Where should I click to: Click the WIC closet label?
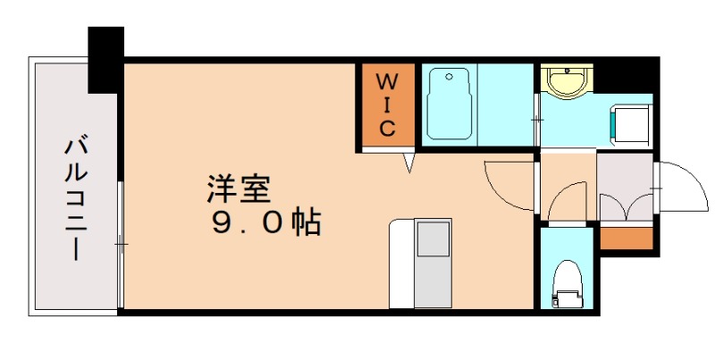[387, 105]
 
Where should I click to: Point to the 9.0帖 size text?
[265, 222]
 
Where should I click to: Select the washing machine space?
[631, 125]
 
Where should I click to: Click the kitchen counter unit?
[420, 264]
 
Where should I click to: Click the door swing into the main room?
[507, 181]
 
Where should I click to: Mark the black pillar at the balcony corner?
[105, 59]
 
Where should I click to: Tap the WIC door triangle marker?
[408, 162]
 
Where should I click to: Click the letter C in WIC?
[387, 129]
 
